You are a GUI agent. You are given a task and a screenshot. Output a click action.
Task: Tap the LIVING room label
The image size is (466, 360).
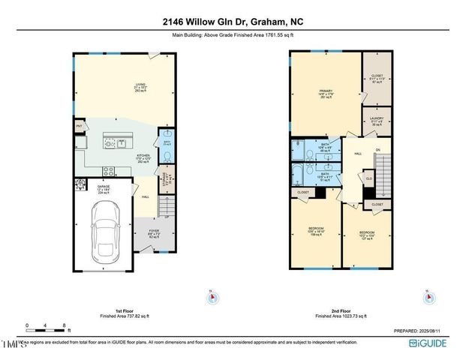tap(140, 85)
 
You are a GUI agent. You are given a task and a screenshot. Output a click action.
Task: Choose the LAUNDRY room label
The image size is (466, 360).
tap(376, 119)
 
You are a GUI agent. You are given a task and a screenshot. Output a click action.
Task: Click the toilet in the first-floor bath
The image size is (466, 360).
tap(167, 155)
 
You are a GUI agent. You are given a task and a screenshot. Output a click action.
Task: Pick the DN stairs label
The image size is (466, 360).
tap(378, 150)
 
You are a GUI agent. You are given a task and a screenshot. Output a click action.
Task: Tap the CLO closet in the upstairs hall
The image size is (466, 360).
tap(369, 178)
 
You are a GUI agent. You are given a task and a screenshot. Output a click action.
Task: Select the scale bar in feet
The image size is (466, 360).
tap(47, 328)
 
